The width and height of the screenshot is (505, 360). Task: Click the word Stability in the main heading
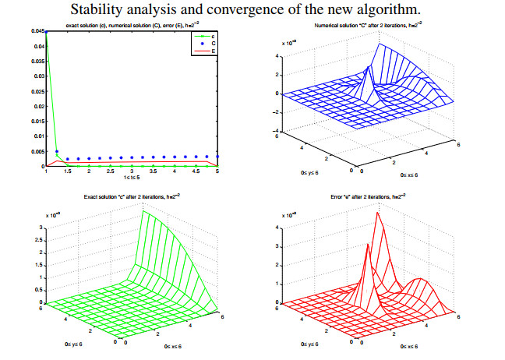(x=114, y=10)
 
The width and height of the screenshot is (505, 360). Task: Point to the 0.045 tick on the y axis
(x=38, y=31)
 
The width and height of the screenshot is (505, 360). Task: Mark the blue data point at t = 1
(x=46, y=32)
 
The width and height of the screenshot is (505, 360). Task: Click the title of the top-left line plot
(x=124, y=26)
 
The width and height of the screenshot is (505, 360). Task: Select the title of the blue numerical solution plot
(x=370, y=26)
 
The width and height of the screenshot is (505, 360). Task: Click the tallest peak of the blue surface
(x=380, y=44)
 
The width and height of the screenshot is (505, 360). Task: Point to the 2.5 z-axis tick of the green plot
(x=40, y=241)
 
